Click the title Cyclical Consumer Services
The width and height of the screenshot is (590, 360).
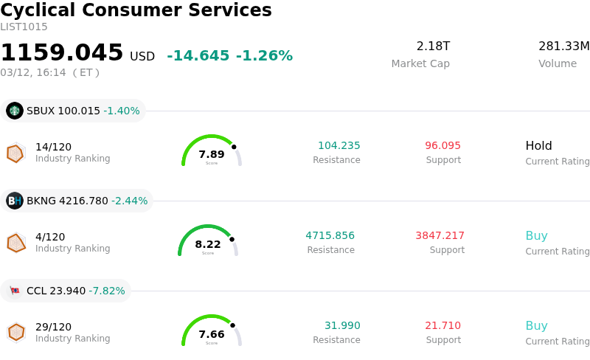point(136,10)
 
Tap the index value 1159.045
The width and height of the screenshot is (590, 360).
point(62,52)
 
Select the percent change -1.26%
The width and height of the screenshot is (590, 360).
point(264,56)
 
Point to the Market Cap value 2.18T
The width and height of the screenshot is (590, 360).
point(433,46)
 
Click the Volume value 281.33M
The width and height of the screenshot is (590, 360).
point(563,46)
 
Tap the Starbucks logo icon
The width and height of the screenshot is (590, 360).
point(15,111)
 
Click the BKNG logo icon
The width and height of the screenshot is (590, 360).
point(15,201)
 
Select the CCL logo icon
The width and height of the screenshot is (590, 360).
point(15,291)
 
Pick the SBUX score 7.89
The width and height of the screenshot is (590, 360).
point(212,154)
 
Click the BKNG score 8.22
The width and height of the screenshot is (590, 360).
point(208,244)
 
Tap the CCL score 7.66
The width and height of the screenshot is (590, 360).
point(212,334)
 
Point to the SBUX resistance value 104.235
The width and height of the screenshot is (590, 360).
point(339,145)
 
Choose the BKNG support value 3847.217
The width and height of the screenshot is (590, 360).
point(440,235)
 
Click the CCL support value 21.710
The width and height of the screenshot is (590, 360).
point(442,325)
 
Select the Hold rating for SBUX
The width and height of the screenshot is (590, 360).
point(538,145)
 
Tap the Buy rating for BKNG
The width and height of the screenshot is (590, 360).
point(536,235)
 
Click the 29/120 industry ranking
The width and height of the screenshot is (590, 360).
point(53,327)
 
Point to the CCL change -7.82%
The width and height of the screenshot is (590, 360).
point(107,291)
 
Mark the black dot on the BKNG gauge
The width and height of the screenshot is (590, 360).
point(232,239)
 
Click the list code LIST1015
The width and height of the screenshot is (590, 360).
point(24,27)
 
